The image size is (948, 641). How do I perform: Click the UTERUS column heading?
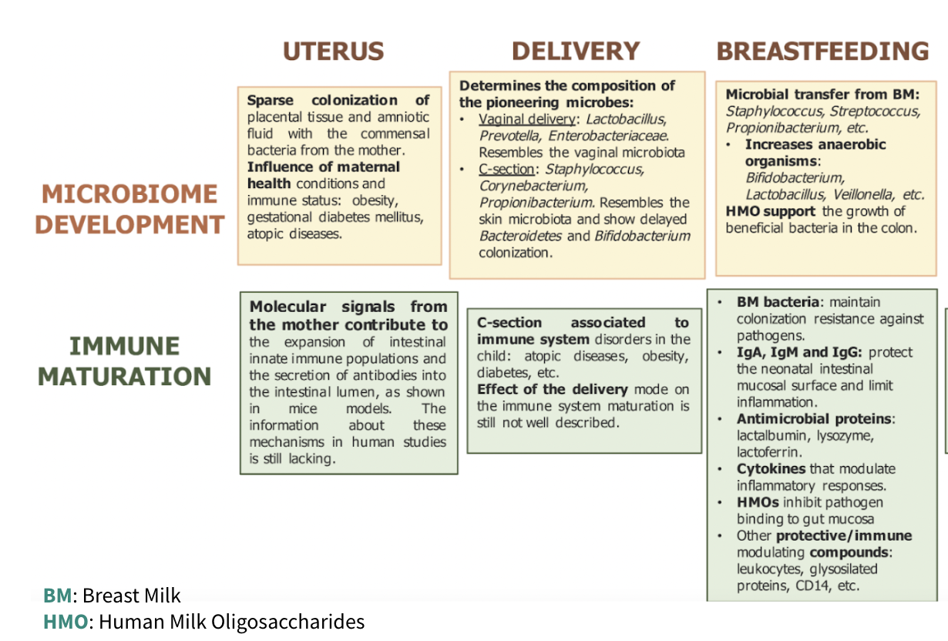tap(333, 52)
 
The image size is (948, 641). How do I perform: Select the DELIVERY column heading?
tap(576, 52)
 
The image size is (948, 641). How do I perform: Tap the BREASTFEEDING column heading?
tap(822, 52)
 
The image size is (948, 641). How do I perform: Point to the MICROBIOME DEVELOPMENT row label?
tap(130, 209)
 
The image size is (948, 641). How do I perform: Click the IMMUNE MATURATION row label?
tap(125, 361)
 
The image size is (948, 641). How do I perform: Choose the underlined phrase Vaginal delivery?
tap(527, 119)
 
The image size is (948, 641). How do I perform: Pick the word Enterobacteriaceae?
tap(608, 136)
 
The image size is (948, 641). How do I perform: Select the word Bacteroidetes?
tap(520, 236)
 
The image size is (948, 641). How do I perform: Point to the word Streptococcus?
tap(874, 111)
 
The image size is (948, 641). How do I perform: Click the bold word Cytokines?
tap(771, 468)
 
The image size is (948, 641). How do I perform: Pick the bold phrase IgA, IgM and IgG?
tap(800, 352)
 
